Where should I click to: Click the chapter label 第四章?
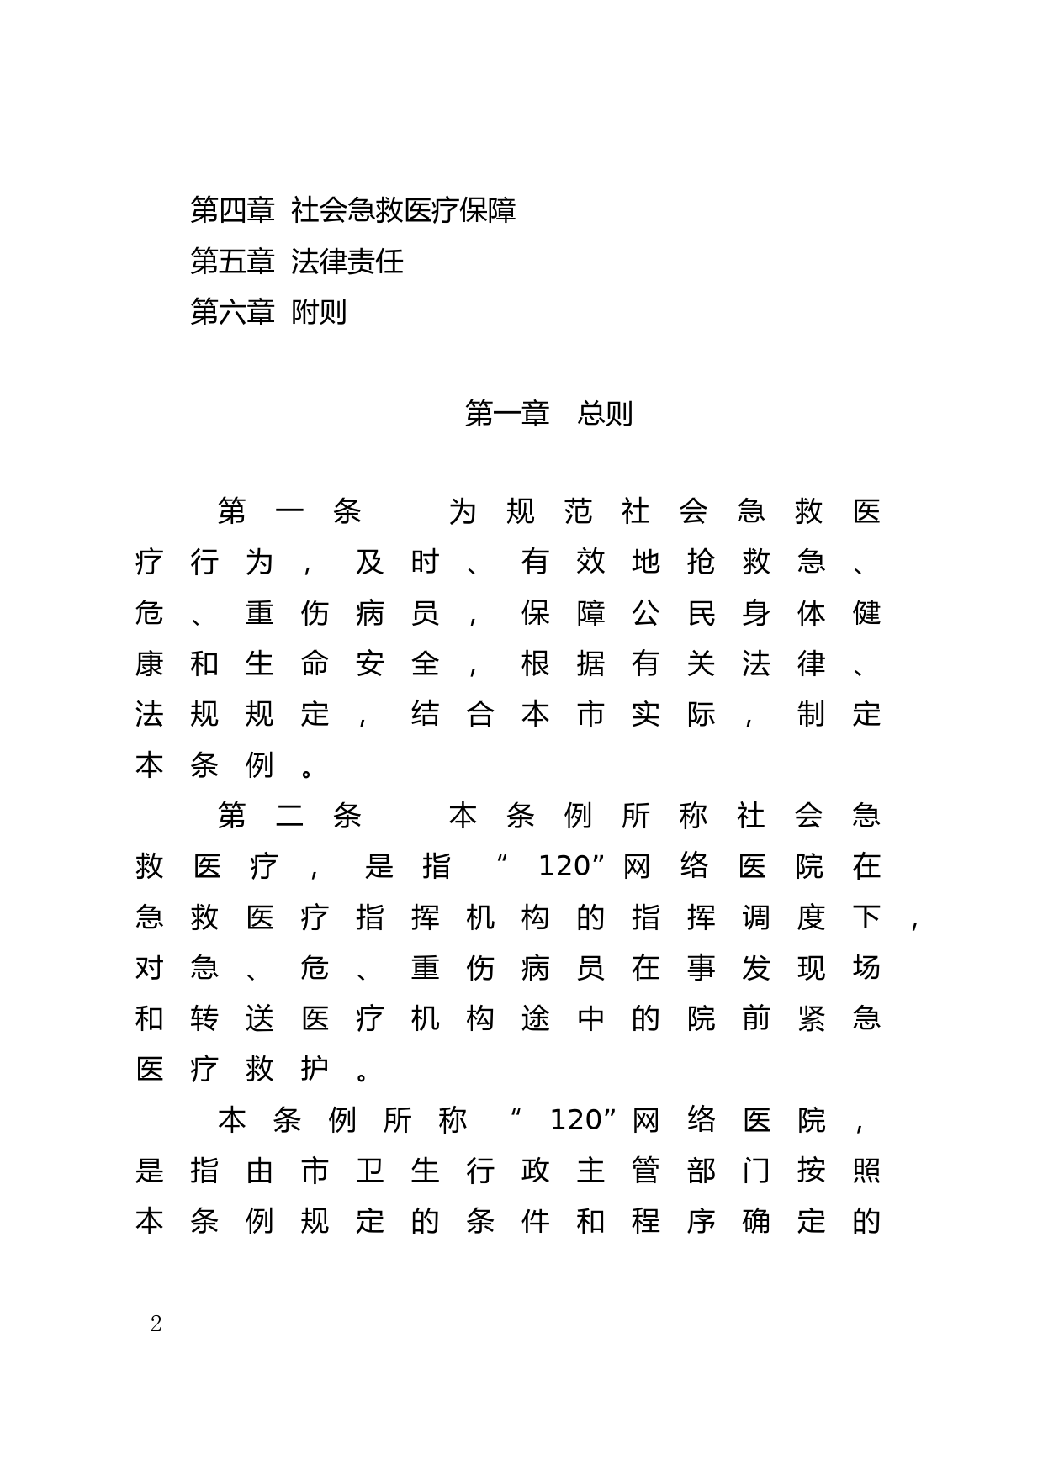232,210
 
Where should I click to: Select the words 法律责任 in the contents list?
347,262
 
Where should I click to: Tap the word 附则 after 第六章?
319,312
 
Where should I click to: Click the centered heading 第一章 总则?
548,413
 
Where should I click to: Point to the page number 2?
156,1324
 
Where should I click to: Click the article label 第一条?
289,511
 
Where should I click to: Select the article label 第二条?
289,816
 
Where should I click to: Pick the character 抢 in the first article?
700,562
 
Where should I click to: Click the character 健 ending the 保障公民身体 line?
866,613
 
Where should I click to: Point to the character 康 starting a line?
149,663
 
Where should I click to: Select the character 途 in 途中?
535,1018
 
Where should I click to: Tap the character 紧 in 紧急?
811,1018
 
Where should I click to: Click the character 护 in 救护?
315,1069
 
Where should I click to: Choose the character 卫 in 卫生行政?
370,1171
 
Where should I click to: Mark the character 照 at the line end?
866,1171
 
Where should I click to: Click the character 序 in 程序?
700,1221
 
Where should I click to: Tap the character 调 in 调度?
755,917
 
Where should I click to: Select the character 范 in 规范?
578,511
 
